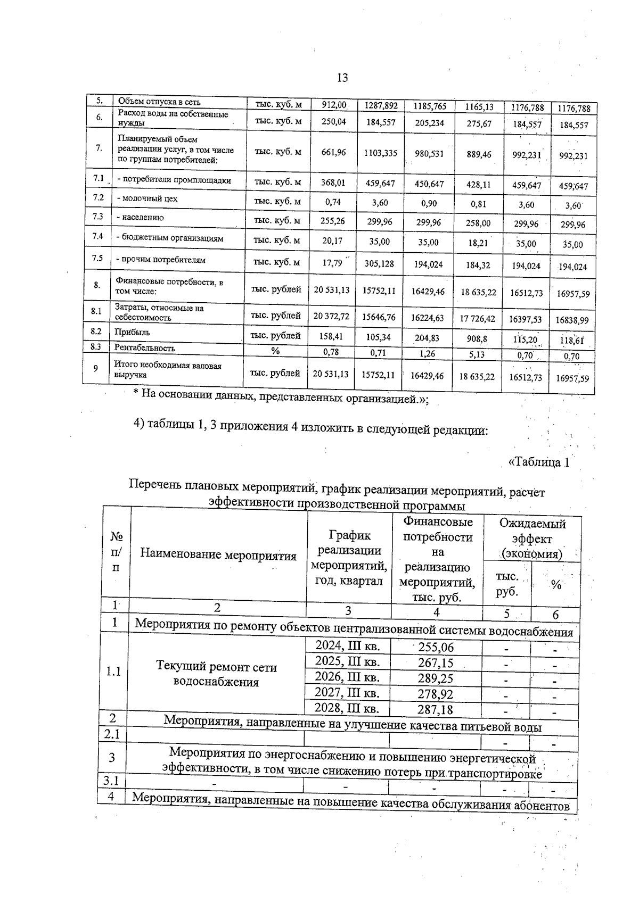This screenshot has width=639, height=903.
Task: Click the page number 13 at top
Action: click(342, 78)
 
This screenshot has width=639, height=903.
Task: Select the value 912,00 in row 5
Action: click(334, 105)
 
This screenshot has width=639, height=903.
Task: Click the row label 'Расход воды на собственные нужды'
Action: click(173, 118)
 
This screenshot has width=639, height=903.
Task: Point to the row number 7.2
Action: click(97, 197)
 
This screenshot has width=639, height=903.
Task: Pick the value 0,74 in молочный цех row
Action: click(333, 202)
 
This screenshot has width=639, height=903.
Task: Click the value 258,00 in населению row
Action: click(478, 223)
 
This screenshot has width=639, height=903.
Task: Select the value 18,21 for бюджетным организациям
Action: click(478, 243)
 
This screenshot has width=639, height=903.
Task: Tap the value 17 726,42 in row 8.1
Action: click(477, 318)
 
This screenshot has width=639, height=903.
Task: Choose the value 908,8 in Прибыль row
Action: click(477, 338)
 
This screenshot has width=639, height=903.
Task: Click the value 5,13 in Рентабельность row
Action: click(478, 353)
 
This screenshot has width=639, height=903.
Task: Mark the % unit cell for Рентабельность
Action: click(275, 351)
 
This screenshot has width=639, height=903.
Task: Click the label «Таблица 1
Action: click(539, 462)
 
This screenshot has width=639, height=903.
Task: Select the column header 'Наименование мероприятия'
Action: click(218, 554)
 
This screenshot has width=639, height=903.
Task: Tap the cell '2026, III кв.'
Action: click(347, 677)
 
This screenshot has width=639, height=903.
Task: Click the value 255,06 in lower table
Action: click(436, 647)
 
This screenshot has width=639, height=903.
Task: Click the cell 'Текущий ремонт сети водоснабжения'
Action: click(216, 674)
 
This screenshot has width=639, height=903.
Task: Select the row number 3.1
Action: click(111, 781)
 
